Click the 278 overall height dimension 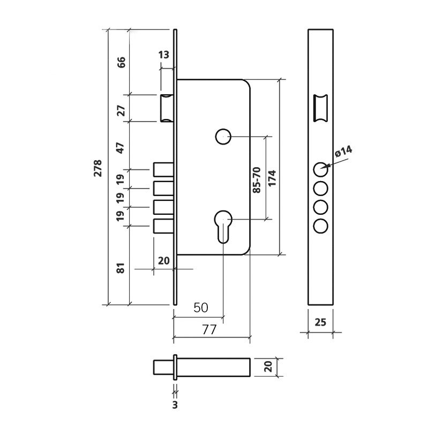click(x=97, y=168)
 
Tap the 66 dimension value click(x=121, y=62)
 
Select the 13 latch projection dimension click(x=163, y=55)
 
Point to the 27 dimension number click(x=121, y=110)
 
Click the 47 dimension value click(x=121, y=148)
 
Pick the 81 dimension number click(x=121, y=268)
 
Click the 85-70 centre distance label click(x=257, y=180)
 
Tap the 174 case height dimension click(x=272, y=178)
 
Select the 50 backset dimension click(x=201, y=307)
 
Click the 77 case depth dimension click(x=209, y=329)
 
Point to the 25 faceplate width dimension click(x=320, y=322)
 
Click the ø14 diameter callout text click(x=343, y=151)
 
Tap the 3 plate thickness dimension click(x=175, y=405)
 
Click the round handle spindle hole click(x=223, y=137)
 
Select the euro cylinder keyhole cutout click(x=223, y=227)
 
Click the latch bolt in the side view click(x=167, y=108)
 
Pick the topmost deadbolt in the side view click(x=163, y=169)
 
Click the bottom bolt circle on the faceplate click(x=321, y=226)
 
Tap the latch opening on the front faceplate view click(x=321, y=108)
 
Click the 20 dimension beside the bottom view click(x=269, y=366)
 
